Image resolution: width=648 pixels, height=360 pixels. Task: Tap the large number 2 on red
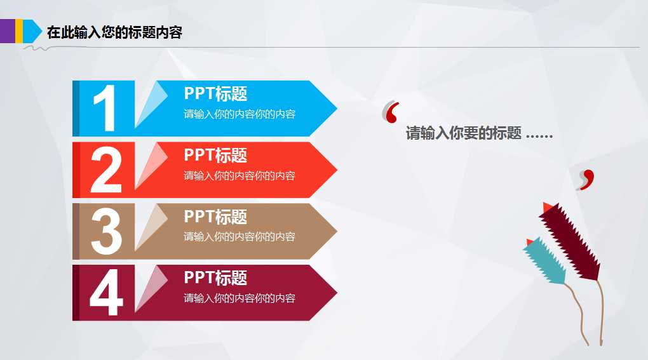coord(105,170)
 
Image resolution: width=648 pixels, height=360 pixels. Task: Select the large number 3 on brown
coord(106,231)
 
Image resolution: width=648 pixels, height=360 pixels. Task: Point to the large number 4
coord(106,293)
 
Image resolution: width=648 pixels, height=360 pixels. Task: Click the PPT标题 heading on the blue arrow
coord(215,94)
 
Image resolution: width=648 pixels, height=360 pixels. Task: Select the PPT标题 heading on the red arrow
coord(215,156)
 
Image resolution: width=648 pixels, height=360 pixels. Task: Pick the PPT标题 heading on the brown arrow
coord(215,217)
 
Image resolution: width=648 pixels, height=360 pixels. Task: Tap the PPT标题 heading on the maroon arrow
coord(215,278)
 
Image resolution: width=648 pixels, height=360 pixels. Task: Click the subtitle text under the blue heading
coord(240,114)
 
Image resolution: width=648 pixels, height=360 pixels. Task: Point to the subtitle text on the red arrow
coord(240,176)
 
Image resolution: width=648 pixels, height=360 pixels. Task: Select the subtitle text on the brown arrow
coord(240,237)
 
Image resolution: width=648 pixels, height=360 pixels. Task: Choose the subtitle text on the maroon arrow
coord(240,298)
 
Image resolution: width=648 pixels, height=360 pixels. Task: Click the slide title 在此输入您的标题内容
coord(114,33)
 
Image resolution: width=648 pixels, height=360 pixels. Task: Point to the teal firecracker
coord(545,261)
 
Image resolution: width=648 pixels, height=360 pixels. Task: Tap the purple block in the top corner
coord(7,30)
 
